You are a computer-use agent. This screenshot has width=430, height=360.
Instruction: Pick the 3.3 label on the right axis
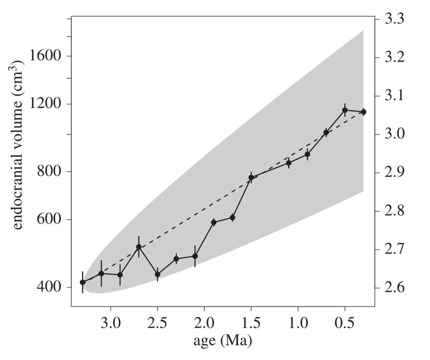[x=396, y=19]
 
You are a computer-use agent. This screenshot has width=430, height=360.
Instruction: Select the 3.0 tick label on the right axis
[x=396, y=134]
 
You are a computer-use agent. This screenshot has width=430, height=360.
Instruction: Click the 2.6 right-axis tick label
[x=396, y=287]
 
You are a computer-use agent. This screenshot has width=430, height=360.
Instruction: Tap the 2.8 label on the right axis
[x=396, y=211]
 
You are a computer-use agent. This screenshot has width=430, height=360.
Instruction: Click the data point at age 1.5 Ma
[x=251, y=177]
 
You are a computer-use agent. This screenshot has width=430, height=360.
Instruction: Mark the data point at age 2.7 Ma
[x=139, y=247]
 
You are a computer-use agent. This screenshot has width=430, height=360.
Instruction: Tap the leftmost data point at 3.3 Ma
[x=82, y=282]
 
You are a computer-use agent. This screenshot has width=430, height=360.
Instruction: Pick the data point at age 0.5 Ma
[x=345, y=110]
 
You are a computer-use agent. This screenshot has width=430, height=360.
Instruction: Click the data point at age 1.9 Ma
[x=213, y=222]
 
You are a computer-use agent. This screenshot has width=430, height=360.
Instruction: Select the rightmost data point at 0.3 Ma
[x=363, y=112]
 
